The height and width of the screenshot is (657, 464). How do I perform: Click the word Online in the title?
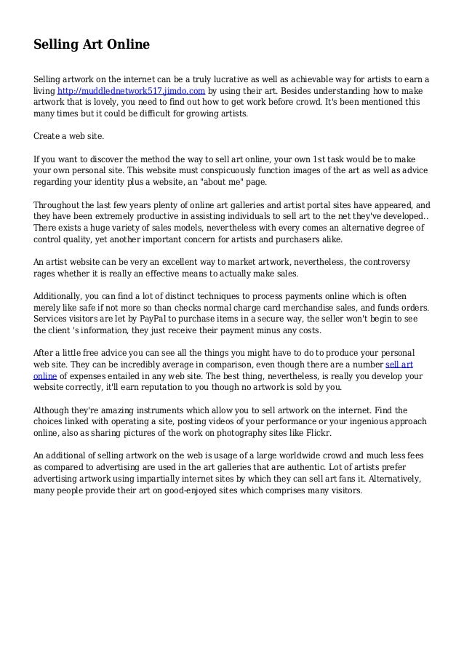[124, 45]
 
